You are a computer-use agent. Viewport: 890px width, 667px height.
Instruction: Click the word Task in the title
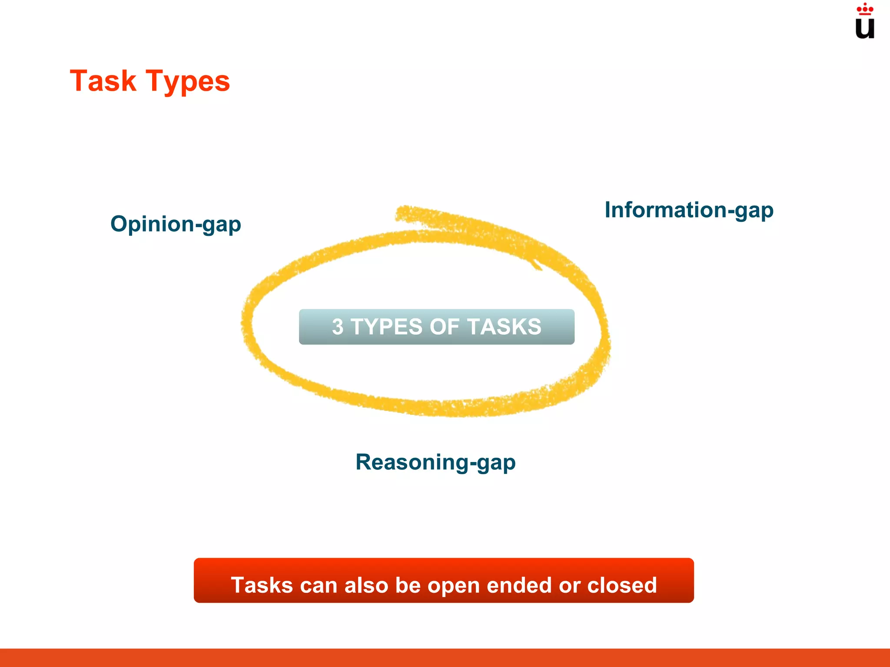pos(103,81)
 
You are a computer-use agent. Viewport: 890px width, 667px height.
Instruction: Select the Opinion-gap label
pos(176,225)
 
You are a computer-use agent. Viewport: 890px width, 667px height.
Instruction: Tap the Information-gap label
pos(689,210)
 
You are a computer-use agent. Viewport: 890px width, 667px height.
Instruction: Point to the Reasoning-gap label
pos(435,462)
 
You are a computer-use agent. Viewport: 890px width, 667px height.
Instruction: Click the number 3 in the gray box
pos(338,327)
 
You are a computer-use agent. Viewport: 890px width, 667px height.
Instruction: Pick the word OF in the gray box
pos(444,327)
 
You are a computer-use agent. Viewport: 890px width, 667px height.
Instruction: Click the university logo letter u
pos(864,28)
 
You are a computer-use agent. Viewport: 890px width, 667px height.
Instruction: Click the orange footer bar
pos(445,657)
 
